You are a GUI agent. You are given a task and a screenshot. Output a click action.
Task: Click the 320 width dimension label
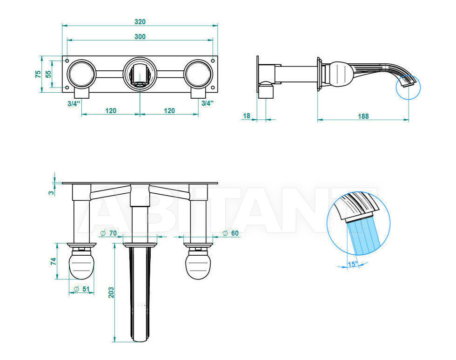tap(140, 22)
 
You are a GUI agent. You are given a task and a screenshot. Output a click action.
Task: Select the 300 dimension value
tap(140, 37)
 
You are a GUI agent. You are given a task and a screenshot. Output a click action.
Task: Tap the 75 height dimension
tap(38, 74)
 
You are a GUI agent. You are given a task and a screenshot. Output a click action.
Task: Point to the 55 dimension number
tap(48, 74)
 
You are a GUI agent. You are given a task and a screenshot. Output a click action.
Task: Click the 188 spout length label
tap(363, 116)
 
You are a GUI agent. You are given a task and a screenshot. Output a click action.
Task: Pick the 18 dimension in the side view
tap(246, 116)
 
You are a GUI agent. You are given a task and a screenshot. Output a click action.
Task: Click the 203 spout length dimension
tap(111, 292)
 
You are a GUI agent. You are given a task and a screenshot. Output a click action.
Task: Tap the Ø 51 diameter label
tap(82, 289)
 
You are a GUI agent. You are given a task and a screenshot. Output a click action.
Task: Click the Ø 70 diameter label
tap(108, 233)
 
